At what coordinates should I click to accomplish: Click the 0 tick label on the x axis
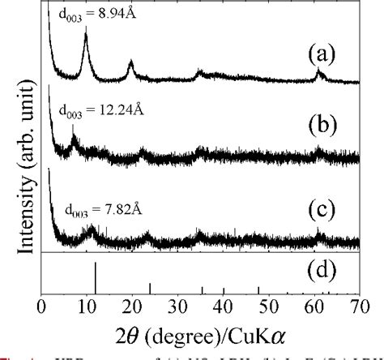42,307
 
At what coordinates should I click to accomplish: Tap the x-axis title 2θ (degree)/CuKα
193,333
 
